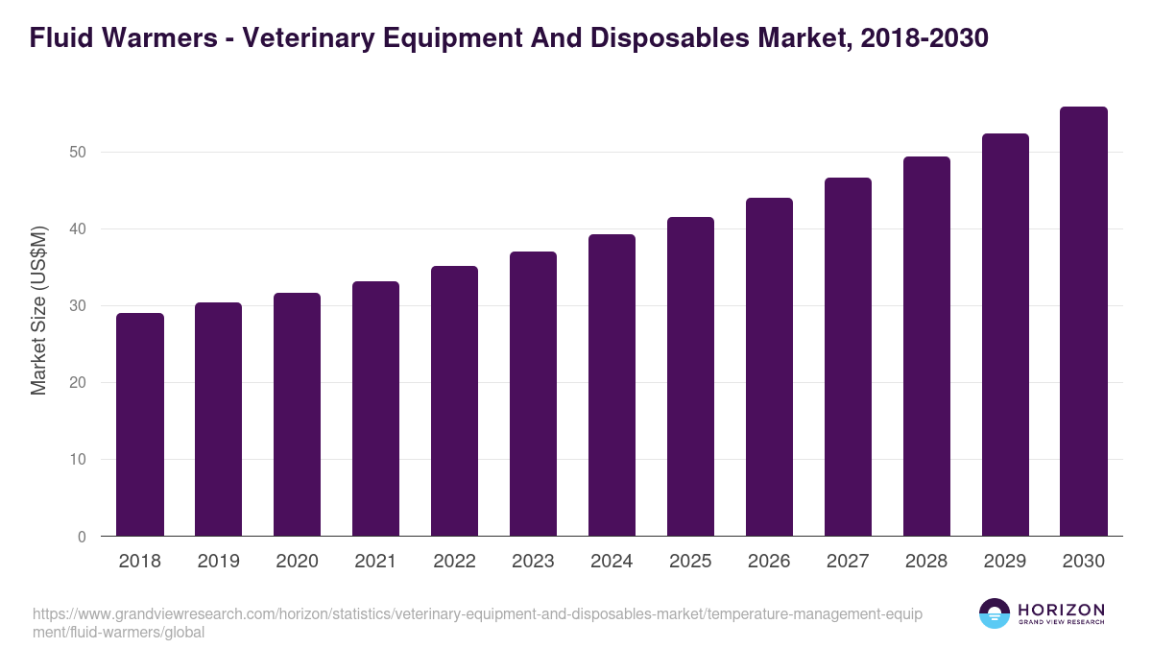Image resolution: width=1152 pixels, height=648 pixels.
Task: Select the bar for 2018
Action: (140, 424)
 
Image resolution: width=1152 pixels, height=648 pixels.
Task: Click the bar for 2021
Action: (375, 409)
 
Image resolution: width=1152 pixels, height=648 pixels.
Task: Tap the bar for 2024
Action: (612, 385)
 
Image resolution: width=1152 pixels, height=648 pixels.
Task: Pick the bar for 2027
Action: (848, 357)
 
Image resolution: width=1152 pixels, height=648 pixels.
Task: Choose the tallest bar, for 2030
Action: (1084, 322)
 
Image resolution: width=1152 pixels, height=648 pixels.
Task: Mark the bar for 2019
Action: (219, 420)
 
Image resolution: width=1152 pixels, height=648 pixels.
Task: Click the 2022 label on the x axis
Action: (454, 562)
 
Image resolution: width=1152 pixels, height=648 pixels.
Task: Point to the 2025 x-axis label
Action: (690, 562)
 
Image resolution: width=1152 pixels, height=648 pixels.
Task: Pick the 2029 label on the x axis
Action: (1005, 562)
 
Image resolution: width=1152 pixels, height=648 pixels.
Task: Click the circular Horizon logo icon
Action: (995, 614)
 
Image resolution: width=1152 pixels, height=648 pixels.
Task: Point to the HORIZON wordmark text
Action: (1061, 611)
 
